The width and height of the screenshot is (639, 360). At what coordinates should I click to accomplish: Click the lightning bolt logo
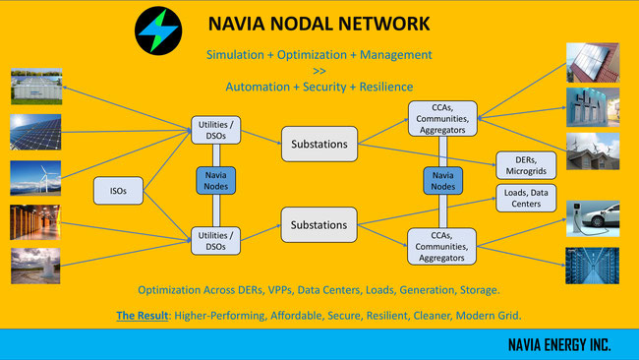158,30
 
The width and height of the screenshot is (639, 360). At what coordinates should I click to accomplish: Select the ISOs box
118,191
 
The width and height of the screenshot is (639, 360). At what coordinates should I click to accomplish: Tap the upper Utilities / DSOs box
215,130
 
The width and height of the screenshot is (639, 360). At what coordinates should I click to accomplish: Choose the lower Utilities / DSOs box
215,241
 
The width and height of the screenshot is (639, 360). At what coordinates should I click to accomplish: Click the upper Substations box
319,144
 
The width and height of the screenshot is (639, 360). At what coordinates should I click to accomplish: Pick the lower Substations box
319,224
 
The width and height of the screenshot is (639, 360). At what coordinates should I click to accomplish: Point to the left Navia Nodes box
215,181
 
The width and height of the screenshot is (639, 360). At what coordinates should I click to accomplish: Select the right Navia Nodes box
443,181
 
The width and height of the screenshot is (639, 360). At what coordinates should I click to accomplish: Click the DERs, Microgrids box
526,165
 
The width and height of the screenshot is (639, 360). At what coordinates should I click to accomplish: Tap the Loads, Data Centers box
526,198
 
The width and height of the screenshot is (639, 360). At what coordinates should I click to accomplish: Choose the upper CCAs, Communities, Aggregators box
442,119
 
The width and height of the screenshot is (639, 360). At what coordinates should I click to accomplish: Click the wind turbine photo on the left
35,178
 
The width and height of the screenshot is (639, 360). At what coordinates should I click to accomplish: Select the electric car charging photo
593,218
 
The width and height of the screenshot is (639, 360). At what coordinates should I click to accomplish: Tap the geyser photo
35,266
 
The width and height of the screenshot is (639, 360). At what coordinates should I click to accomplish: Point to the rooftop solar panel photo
593,63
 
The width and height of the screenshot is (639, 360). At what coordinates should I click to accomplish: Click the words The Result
143,316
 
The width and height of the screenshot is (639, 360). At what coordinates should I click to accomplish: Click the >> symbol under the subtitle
319,71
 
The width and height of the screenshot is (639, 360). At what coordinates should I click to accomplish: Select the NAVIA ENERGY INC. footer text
559,345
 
